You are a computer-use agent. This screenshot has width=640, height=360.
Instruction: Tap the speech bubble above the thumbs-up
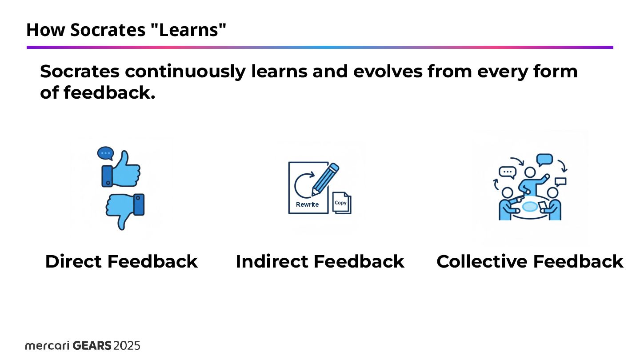pos(105,153)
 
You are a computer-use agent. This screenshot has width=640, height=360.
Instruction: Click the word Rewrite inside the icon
pos(308,204)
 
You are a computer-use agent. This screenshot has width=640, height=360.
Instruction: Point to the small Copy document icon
pos(342,203)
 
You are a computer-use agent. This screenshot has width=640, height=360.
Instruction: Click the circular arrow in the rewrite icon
pos(304,185)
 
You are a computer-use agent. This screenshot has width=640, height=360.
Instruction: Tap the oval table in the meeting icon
pos(530,207)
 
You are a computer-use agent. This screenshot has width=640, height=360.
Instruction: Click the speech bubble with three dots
pos(507,172)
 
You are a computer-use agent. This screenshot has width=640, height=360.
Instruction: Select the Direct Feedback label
pos(121,261)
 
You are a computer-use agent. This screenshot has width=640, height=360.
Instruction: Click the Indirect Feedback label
pos(320,261)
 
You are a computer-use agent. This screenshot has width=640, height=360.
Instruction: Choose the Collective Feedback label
pos(530,261)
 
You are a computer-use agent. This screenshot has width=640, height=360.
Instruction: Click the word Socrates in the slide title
pos(107,30)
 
